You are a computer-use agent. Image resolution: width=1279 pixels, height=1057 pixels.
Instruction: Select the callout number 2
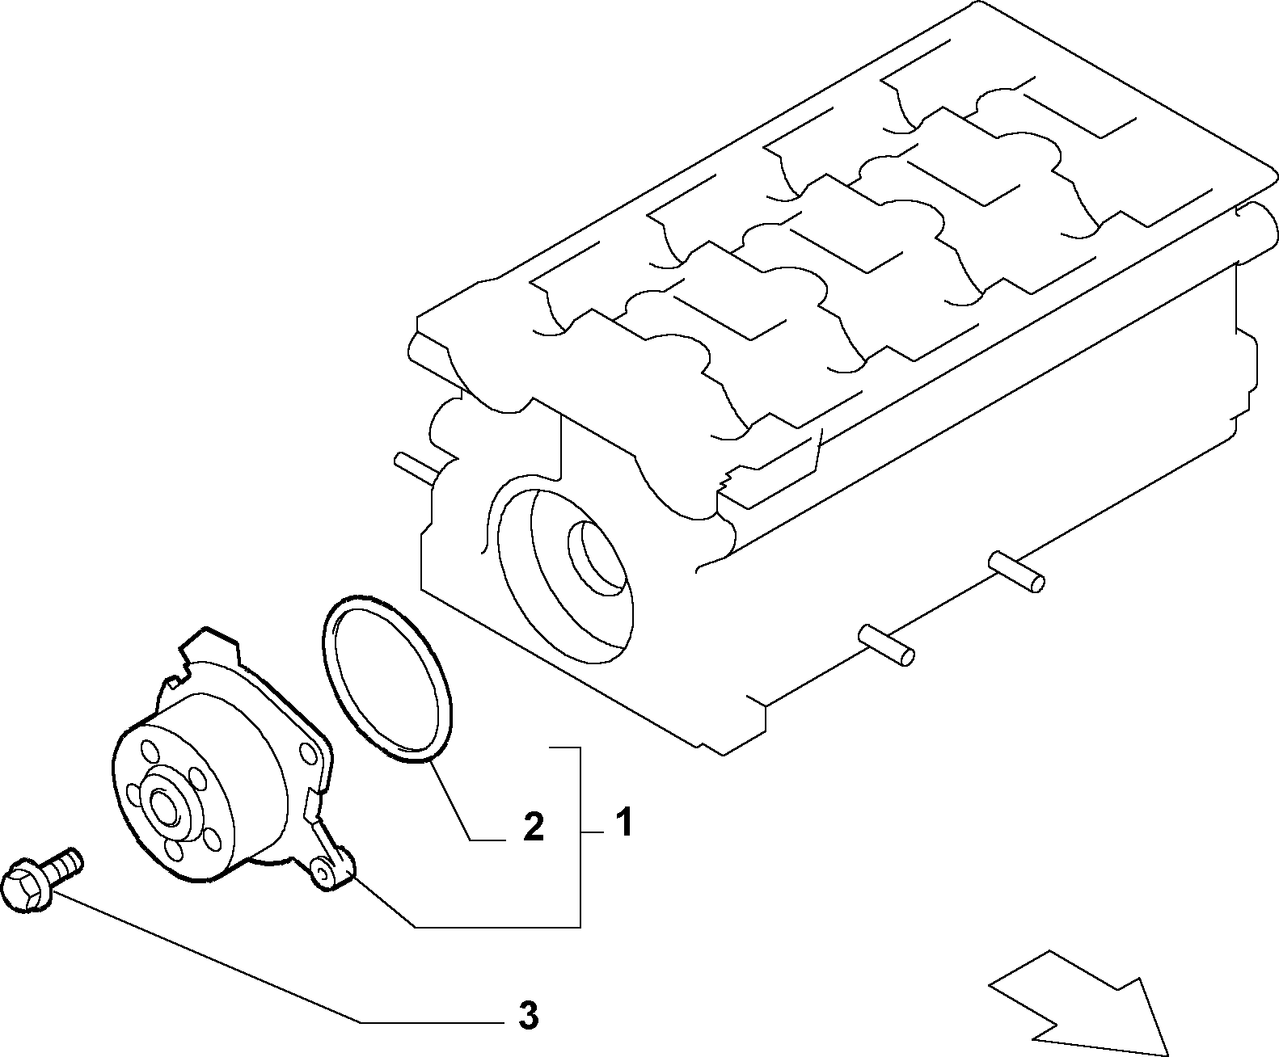click(533, 827)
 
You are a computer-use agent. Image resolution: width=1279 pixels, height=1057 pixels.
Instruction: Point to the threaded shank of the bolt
click(61, 864)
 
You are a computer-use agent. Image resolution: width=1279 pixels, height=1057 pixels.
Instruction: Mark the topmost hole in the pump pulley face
click(149, 749)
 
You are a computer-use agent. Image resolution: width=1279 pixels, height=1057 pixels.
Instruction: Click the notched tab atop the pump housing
click(209, 649)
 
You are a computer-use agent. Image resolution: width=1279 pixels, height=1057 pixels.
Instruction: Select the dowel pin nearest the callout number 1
click(886, 644)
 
